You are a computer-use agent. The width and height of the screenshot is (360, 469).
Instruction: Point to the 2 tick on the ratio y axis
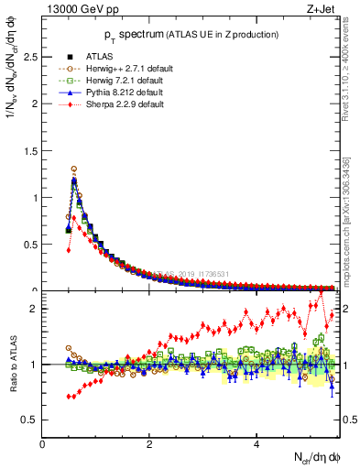click(33, 309)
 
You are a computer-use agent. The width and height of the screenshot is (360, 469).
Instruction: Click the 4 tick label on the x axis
click(256, 444)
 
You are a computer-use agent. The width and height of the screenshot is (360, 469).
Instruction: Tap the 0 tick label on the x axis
click(42, 444)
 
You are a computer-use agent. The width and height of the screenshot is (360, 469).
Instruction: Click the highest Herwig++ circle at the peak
click(73, 169)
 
